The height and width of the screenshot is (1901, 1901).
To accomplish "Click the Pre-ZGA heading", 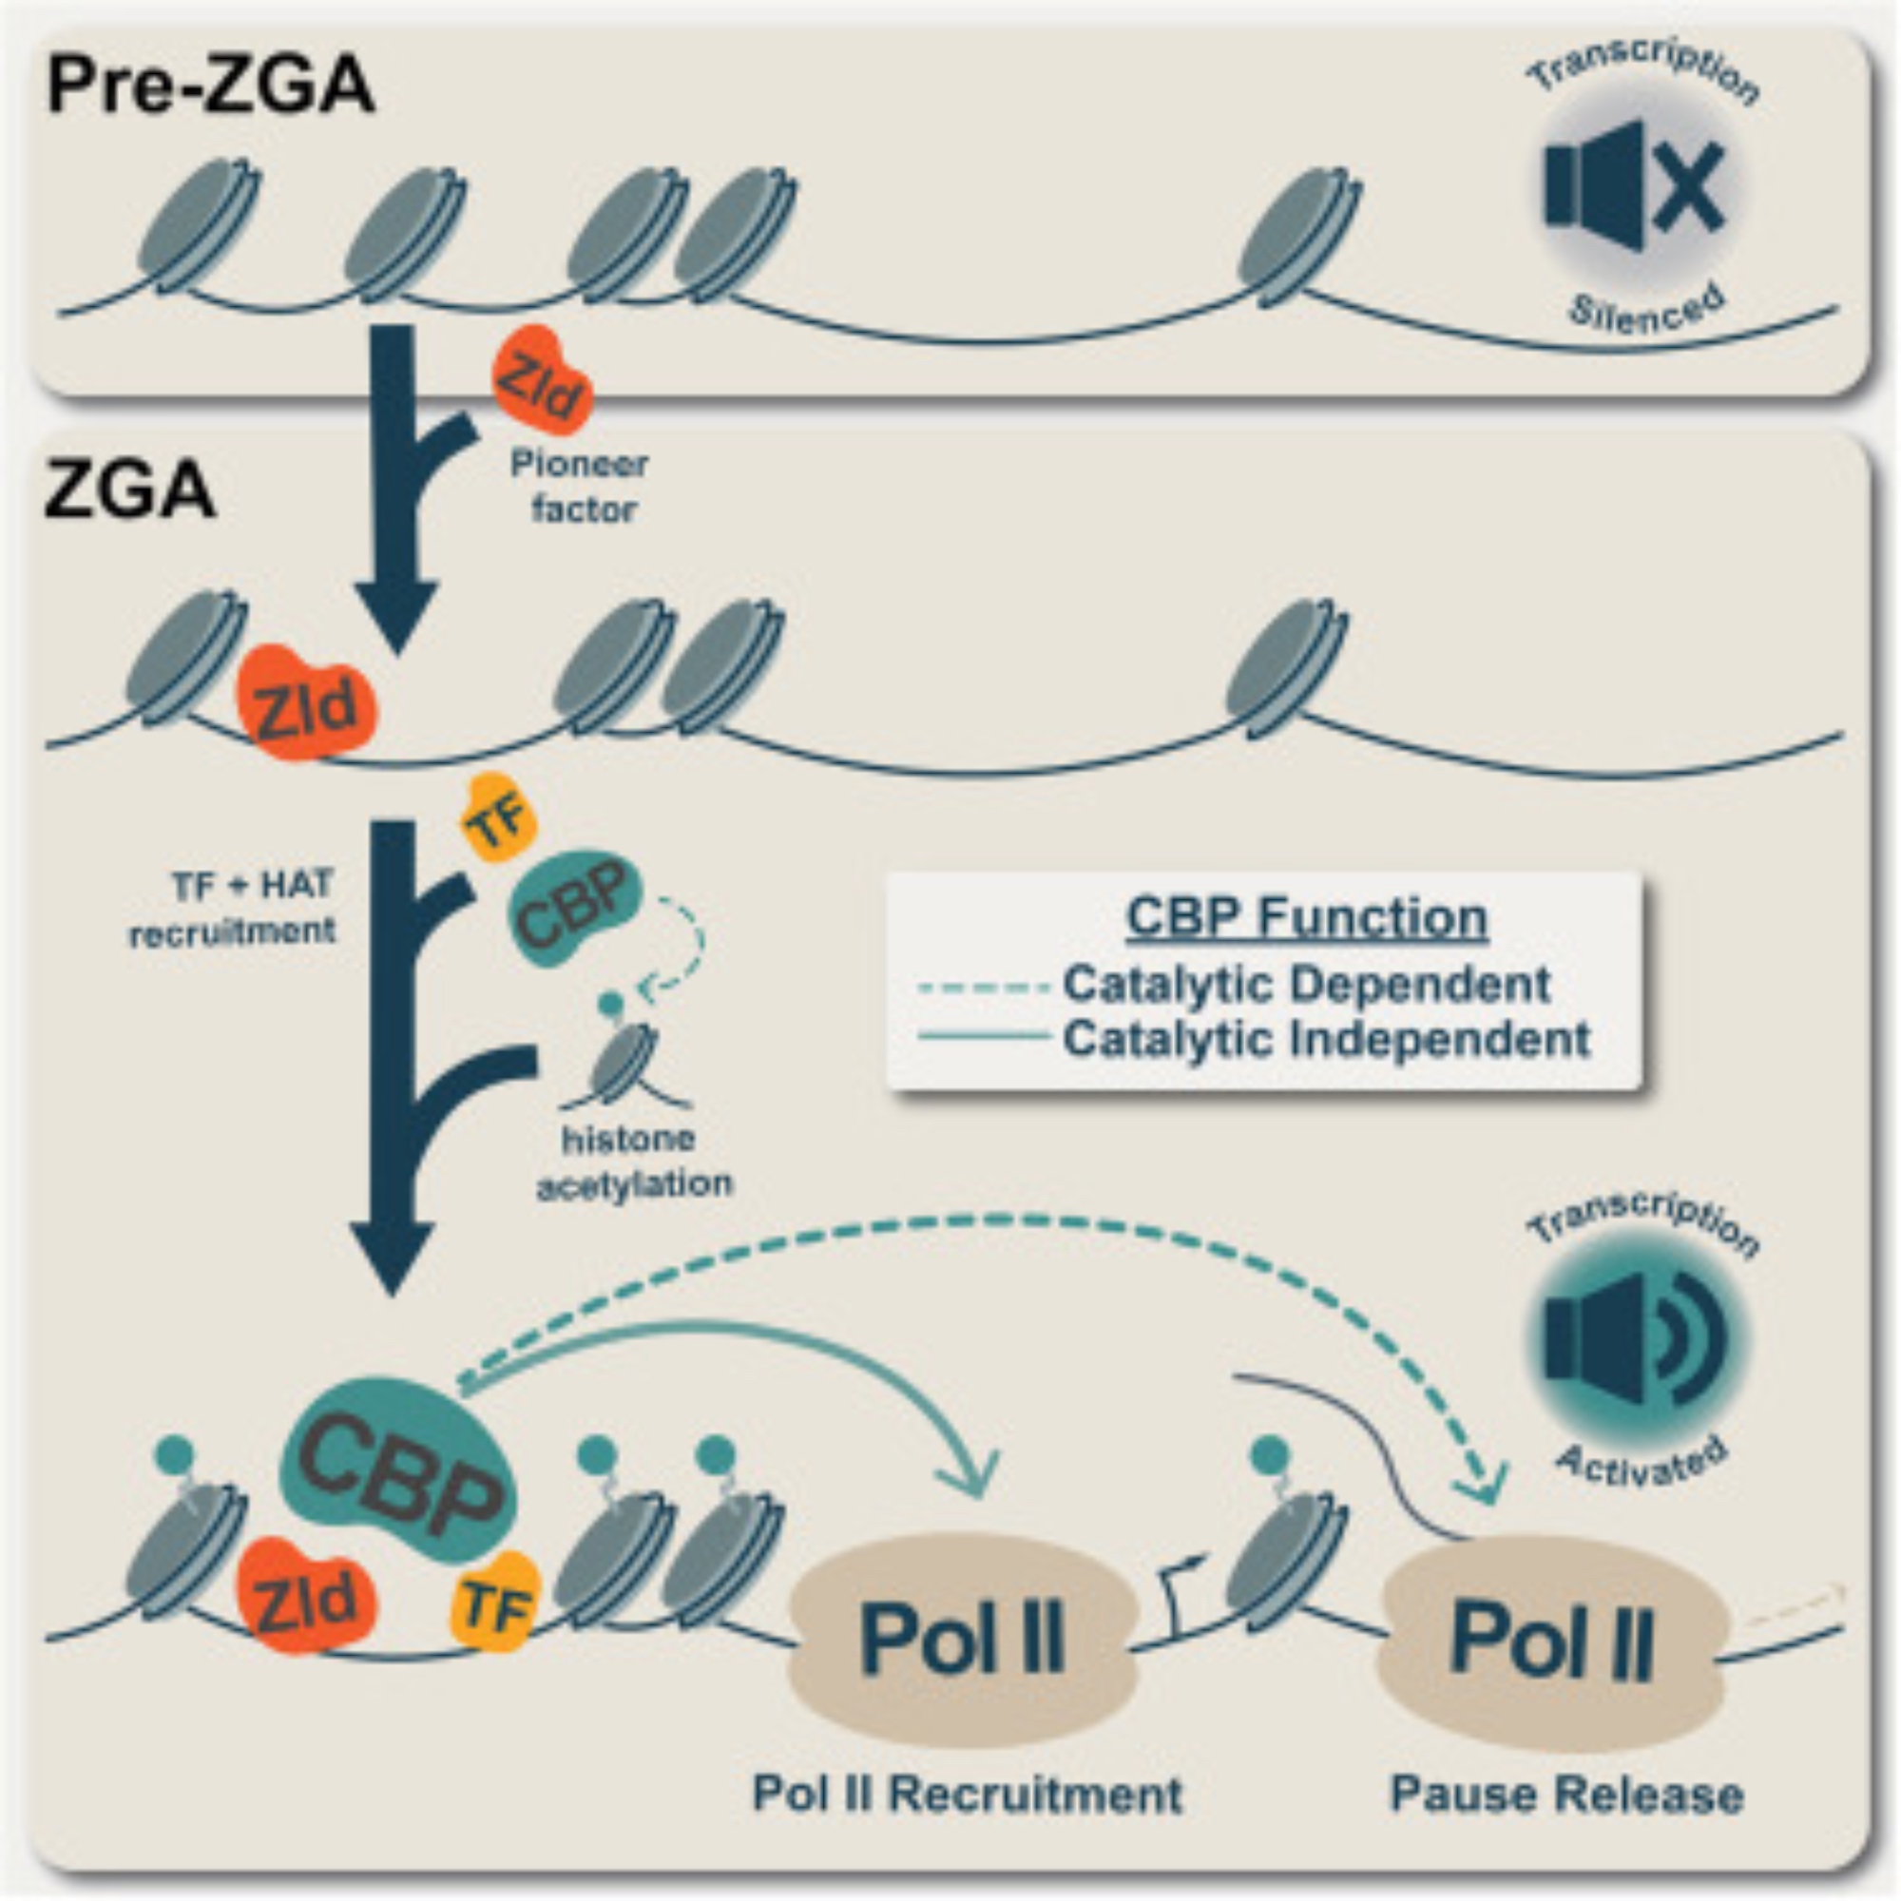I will point(209,86).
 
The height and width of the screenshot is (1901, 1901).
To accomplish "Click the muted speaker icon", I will point(1634,185).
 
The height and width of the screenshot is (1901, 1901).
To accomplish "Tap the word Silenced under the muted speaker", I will point(1645,308).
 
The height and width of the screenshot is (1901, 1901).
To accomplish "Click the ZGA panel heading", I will point(129,491).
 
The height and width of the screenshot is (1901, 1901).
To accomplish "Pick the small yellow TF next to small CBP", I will point(499,816).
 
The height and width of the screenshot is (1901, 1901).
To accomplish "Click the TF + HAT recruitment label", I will point(233,907).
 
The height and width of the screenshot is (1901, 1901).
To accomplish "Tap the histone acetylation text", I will point(634,1162).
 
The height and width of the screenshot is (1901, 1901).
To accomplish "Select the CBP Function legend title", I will point(1306,918).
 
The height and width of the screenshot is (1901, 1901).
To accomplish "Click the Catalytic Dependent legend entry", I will point(1306,984).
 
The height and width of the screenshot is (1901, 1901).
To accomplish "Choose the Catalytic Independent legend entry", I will point(1325,1039).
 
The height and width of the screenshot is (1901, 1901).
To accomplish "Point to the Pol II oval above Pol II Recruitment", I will point(963,1640).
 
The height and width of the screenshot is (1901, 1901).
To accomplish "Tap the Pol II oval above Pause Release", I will point(1552,1642).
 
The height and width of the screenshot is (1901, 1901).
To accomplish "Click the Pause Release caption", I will point(1566,1794).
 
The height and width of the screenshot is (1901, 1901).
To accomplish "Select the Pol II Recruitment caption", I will point(968,1794).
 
